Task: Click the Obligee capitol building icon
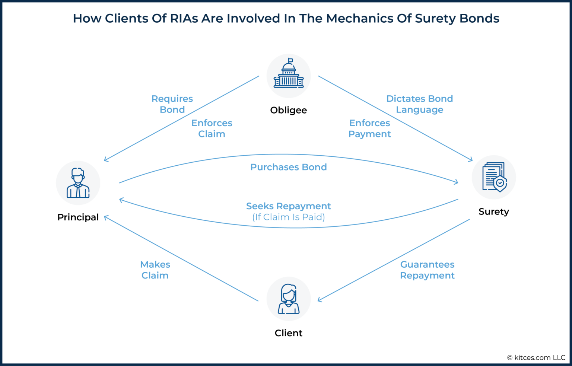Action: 289,76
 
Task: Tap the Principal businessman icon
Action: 78,183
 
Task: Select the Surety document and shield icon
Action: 494,177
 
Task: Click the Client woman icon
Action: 289,299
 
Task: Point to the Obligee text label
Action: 289,110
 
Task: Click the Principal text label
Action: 78,217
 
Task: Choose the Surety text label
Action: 494,211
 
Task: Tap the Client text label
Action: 289,333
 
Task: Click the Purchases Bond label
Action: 289,167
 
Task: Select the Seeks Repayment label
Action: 289,206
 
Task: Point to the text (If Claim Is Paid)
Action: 289,217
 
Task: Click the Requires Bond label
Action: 172,104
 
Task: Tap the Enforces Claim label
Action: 212,128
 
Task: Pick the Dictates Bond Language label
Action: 420,104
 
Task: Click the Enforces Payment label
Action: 369,128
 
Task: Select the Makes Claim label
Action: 155,270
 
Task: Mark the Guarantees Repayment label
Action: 427,270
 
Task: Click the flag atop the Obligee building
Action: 290,60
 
